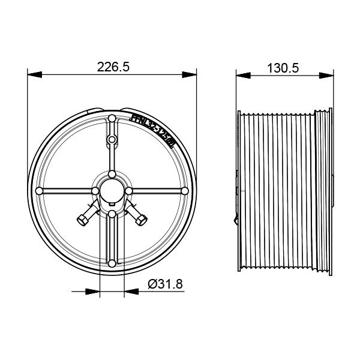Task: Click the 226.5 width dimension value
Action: (x=113, y=67)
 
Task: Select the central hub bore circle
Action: (x=112, y=190)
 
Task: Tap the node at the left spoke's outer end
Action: (x=40, y=191)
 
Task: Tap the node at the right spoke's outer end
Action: (x=185, y=191)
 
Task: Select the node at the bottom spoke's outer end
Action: (x=112, y=262)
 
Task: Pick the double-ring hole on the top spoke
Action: (x=112, y=140)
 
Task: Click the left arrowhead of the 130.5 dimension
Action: (x=241, y=75)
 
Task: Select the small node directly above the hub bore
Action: (x=112, y=174)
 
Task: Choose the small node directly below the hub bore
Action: (x=112, y=213)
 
